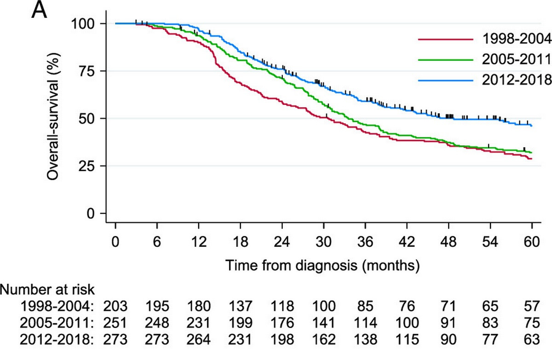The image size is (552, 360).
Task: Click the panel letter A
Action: click(39, 10)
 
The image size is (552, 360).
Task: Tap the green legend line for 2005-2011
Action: click(446, 60)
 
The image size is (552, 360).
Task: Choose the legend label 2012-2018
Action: click(517, 80)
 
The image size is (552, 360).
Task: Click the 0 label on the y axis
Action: click(91, 213)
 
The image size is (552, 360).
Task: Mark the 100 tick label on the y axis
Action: click(83, 24)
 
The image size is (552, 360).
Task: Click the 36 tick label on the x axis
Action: click(365, 241)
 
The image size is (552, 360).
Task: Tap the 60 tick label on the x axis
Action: click(532, 241)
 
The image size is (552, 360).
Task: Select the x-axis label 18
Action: click(240, 241)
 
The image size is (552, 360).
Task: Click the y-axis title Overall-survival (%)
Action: click(53, 116)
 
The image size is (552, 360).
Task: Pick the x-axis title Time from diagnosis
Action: click(291, 266)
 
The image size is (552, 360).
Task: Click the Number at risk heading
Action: click(47, 290)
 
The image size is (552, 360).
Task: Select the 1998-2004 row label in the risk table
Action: click(57, 307)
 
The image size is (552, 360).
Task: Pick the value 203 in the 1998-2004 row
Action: click(115, 307)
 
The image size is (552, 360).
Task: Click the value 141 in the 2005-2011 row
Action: click(323, 323)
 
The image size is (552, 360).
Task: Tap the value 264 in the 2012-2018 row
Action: click(198, 340)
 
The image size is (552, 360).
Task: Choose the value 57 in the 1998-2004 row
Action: click(532, 307)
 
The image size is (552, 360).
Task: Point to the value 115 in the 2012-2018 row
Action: click(407, 340)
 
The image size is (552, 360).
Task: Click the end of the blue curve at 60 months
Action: click(532, 126)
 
